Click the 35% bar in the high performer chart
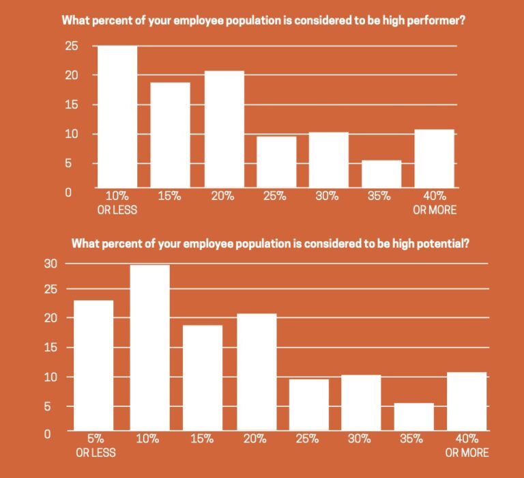[381, 173]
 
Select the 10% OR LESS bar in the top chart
[117, 116]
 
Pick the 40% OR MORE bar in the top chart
[434, 158]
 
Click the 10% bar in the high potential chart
[149, 348]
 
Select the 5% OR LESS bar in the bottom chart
[93, 365]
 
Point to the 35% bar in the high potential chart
[413, 417]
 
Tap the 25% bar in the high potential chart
[309, 404]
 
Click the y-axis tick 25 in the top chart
[72, 46]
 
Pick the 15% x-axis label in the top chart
[170, 196]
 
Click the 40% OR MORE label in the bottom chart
[467, 445]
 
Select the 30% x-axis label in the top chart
[327, 196]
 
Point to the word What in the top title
[76, 20]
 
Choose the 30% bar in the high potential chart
[361, 402]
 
